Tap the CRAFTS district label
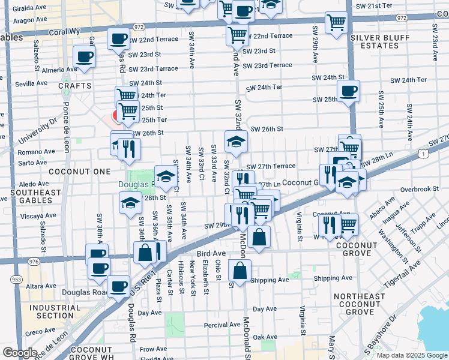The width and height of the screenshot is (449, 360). click(75, 86)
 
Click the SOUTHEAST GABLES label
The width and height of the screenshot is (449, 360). click(35, 196)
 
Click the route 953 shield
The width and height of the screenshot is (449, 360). click(12, 278)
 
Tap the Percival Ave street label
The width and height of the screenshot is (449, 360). click(222, 325)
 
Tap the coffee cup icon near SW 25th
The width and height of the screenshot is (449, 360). click(348, 91)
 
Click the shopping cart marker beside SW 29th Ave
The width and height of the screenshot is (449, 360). click(337, 22)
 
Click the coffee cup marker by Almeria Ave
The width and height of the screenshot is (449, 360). click(84, 58)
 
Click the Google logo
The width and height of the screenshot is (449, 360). click(20, 353)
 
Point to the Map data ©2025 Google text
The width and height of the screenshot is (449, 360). click(411, 355)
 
